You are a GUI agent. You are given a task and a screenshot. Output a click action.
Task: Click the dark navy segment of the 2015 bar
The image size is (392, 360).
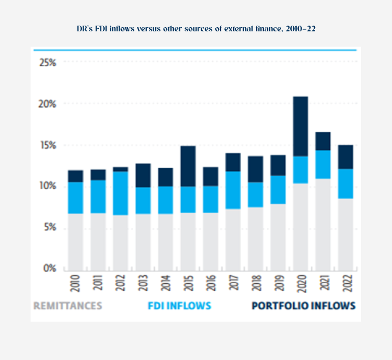coord(188,166)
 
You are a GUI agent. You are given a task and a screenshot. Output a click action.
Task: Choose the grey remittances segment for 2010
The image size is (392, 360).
coord(75,241)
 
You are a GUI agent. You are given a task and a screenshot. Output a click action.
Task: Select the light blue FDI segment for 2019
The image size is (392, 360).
coord(278,190)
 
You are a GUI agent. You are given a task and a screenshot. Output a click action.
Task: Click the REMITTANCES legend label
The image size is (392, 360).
coord(68,306)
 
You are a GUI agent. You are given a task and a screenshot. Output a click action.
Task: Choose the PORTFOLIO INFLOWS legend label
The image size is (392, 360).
coord(304,306)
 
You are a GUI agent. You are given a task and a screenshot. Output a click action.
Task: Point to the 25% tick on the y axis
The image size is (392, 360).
coord(48,62)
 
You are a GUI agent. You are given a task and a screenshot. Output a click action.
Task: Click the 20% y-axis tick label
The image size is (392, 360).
coord(48,104)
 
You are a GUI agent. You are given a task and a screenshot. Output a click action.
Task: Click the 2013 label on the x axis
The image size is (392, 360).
coord(143,284)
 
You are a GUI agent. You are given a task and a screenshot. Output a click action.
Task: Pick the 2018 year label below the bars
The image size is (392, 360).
coord(255,284)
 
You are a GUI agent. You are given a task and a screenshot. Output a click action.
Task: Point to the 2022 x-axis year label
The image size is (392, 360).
coord(345,284)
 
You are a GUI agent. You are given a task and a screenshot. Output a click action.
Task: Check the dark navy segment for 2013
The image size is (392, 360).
coord(143,175)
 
